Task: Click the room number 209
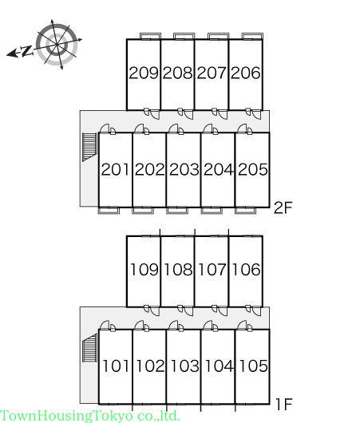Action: [x=144, y=73]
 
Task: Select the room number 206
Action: [x=246, y=73]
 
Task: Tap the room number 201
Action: [x=115, y=169]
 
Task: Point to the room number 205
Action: [x=253, y=169]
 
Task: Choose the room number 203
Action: [x=184, y=169]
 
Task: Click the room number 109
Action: [x=144, y=270]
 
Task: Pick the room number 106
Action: [x=246, y=270]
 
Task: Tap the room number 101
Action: [x=116, y=366]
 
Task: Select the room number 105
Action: [x=253, y=366]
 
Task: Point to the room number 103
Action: [x=184, y=366]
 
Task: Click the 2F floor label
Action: [x=283, y=208]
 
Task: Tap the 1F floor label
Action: [x=284, y=404]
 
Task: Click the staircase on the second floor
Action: [x=89, y=147]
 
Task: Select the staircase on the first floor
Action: [x=89, y=348]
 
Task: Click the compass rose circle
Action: [x=57, y=45]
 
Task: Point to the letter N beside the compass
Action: [x=27, y=51]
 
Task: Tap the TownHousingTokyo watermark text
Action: [x=90, y=416]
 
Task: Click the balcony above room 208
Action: [x=184, y=36]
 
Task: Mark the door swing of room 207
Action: [x=223, y=114]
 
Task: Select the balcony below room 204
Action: [x=212, y=211]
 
